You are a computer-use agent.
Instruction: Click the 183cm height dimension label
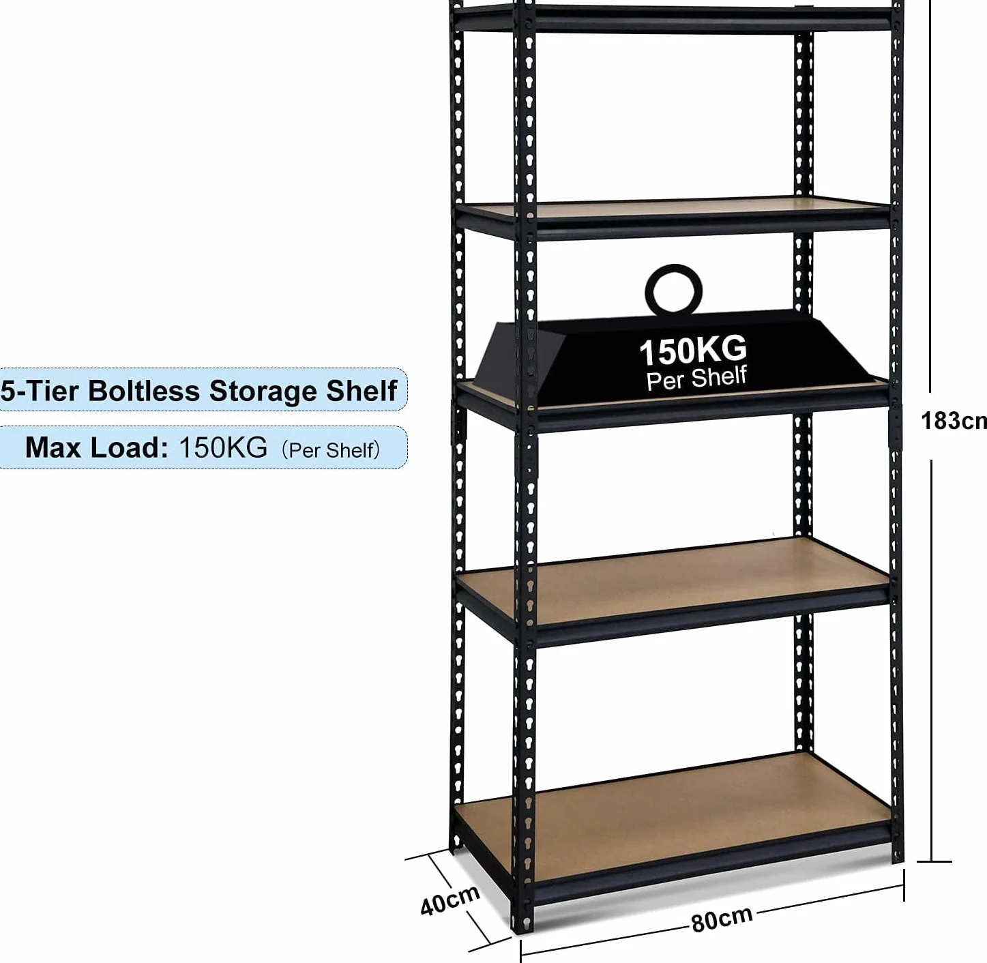[x=954, y=421]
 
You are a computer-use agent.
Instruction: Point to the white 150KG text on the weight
[x=693, y=351]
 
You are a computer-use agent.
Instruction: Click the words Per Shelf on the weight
[x=696, y=379]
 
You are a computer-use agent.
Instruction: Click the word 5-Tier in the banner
[x=40, y=391]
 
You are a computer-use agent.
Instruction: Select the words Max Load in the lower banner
[x=96, y=447]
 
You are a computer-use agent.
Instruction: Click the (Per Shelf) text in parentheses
[x=330, y=450]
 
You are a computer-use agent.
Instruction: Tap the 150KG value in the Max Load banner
[x=223, y=447]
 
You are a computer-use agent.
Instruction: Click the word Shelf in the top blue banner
[x=361, y=391]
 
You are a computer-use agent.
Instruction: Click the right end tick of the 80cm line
[x=904, y=885]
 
